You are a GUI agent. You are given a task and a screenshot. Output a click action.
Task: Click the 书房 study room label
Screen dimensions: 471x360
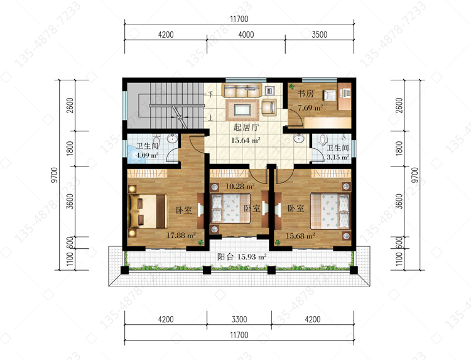305,94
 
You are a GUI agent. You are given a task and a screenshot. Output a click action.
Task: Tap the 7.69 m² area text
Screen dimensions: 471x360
310,107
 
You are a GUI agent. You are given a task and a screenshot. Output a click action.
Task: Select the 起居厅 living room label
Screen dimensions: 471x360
246,127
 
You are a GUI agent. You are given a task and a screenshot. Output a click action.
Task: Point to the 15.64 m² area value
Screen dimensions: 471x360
246,140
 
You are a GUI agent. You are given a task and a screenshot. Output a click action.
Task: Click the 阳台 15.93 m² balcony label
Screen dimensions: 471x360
242,257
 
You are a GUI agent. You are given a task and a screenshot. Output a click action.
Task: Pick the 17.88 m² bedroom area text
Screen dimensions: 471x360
181,235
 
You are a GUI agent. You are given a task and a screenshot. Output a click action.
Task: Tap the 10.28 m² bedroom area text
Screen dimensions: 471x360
240,187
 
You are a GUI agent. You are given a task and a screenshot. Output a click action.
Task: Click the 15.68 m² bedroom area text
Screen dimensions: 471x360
300,236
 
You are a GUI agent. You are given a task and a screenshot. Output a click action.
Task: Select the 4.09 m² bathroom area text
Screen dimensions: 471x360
147,155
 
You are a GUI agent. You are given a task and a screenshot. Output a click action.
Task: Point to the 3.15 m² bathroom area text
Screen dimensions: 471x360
338,157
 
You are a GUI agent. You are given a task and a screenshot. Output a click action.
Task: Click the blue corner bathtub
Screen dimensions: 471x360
136,155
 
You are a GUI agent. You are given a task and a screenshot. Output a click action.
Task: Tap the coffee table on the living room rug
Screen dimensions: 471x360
242,110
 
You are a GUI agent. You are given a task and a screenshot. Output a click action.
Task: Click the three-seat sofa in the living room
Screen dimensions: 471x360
241,90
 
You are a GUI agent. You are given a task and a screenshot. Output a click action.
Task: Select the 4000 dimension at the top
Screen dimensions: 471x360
246,35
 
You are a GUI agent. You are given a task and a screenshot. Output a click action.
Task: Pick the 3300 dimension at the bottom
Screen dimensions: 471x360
239,319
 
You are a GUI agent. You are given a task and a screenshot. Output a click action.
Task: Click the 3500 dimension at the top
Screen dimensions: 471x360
319,35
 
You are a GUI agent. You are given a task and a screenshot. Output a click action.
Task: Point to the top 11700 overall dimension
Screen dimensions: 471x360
239,19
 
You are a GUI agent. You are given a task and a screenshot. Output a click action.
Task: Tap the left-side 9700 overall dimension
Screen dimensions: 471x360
54,175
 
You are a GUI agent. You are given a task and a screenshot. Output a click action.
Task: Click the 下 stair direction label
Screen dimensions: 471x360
211,94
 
